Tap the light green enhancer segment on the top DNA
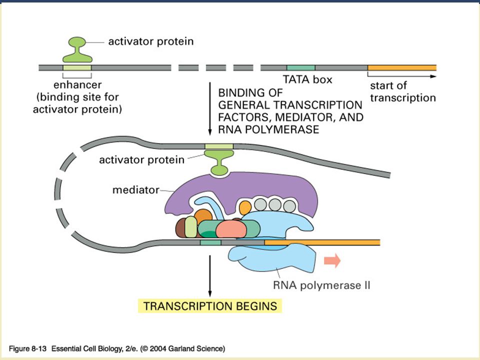pyautogui.click(x=77, y=67)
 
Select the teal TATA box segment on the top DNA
pyautogui.click(x=301, y=67)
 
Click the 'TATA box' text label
pyautogui.click(x=307, y=79)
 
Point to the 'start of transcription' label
pyautogui.click(x=403, y=91)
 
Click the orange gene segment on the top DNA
pyautogui.click(x=402, y=67)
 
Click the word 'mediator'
pyautogui.click(x=136, y=190)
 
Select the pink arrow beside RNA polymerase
pyautogui.click(x=332, y=260)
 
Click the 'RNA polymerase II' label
pyautogui.click(x=321, y=285)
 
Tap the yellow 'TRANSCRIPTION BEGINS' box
pyautogui.click(x=210, y=306)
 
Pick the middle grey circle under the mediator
pyautogui.click(x=275, y=205)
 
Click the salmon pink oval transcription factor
pyautogui.click(x=231, y=229)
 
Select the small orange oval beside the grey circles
pyautogui.click(x=245, y=207)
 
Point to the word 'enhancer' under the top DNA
pyautogui.click(x=77, y=85)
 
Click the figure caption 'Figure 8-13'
pyautogui.click(x=27, y=348)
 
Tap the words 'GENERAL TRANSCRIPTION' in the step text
pyautogui.click(x=290, y=105)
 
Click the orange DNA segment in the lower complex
pyautogui.click(x=322, y=242)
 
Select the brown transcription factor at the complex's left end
pyautogui.click(x=180, y=228)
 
